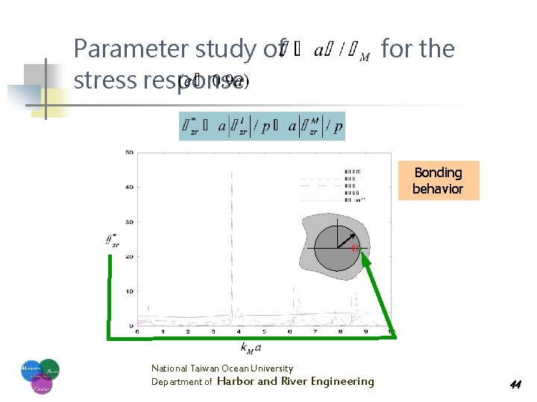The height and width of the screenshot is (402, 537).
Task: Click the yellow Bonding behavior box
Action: point(438,181)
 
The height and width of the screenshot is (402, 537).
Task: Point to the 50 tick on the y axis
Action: point(128,153)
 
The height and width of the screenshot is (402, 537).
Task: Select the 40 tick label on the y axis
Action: point(128,188)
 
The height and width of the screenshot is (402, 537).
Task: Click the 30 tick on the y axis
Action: point(128,222)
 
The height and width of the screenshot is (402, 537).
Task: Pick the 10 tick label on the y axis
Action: point(128,291)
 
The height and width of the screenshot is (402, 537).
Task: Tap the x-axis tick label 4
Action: point(239,332)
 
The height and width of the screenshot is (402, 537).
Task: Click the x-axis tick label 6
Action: point(289,332)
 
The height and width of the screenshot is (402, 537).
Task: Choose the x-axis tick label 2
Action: point(188,332)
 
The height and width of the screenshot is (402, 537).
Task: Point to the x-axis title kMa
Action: point(251,348)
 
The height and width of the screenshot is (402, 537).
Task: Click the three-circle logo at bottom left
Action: point(39,376)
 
